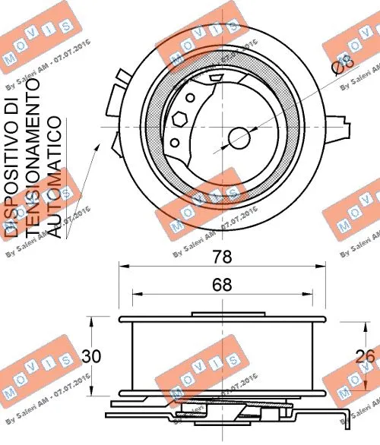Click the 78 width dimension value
[x=220, y=257]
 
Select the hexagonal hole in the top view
[x=179, y=120]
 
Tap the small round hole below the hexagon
[x=176, y=142]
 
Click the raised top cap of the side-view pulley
[x=220, y=314]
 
